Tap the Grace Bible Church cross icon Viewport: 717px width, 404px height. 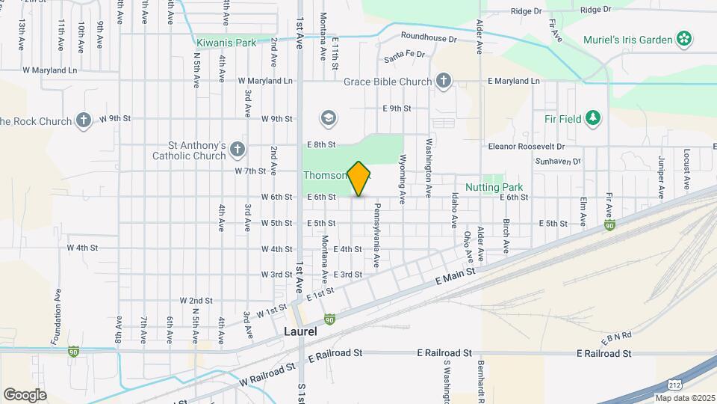pyautogui.click(x=444, y=82)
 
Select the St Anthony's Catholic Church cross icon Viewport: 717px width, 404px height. pyautogui.click(x=238, y=149)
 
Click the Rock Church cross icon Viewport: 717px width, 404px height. pyautogui.click(x=84, y=120)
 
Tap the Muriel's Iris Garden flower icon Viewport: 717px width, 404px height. pyautogui.click(x=683, y=37)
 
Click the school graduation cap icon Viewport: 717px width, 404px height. pyautogui.click(x=327, y=118)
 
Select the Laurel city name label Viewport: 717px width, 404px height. pyautogui.click(x=300, y=331)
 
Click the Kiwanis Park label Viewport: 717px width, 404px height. pyautogui.click(x=226, y=43)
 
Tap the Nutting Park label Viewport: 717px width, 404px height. pyautogui.click(x=494, y=187)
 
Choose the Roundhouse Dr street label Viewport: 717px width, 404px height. pyautogui.click(x=428, y=37)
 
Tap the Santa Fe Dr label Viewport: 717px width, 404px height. pyautogui.click(x=404, y=55)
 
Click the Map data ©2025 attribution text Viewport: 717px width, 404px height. pyautogui.click(x=684, y=397)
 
